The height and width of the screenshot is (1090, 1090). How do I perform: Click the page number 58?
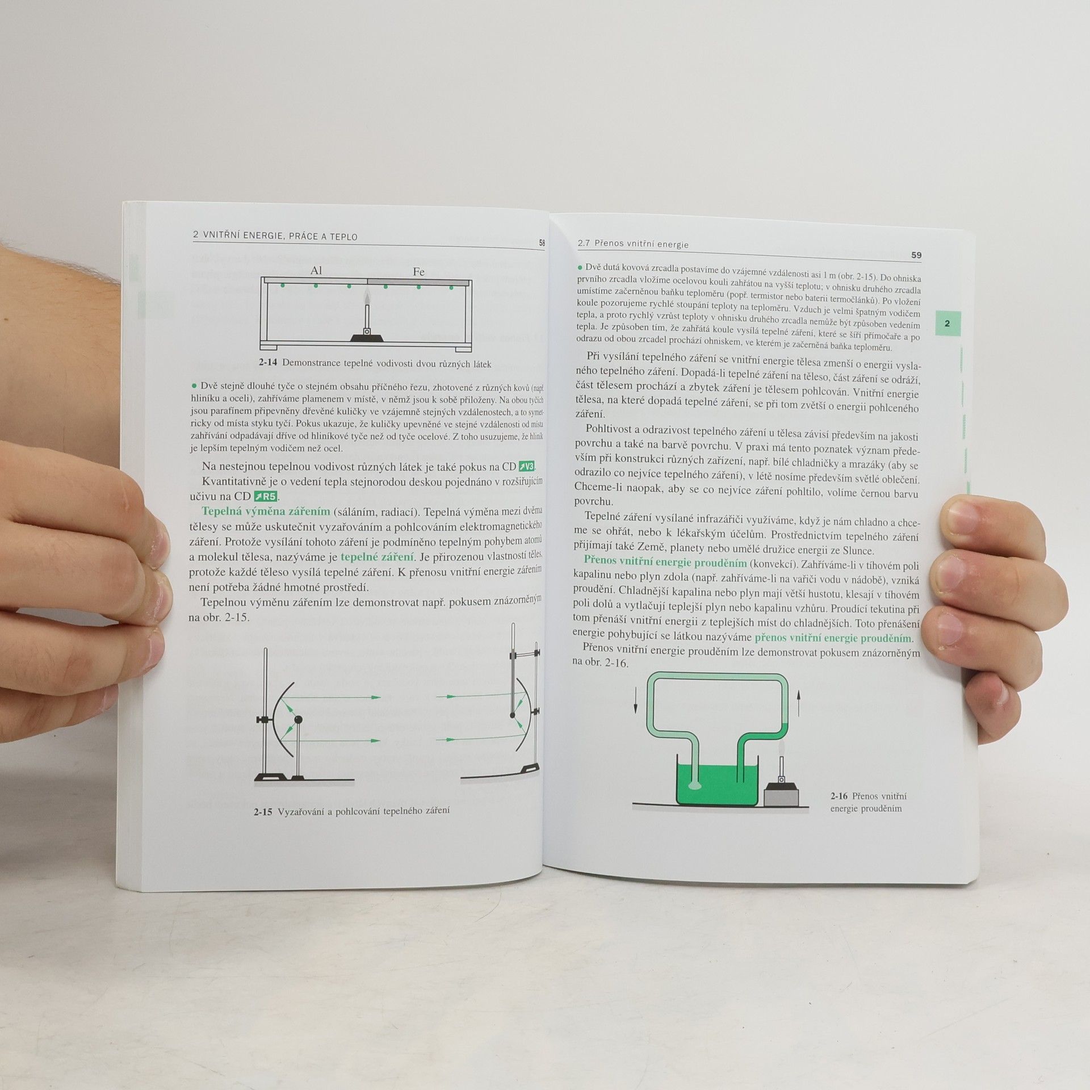(x=542, y=243)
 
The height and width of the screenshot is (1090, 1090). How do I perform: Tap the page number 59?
(x=916, y=255)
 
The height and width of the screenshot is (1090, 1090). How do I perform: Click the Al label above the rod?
(x=316, y=271)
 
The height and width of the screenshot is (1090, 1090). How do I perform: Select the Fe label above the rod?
(x=418, y=272)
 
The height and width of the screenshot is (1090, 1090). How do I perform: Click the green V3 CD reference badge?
(x=526, y=467)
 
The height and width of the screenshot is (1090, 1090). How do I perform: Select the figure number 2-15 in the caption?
(x=263, y=812)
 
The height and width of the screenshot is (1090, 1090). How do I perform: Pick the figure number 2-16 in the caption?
(x=839, y=796)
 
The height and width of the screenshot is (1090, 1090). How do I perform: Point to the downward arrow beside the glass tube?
(x=635, y=700)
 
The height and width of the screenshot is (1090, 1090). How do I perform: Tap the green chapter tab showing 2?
(x=947, y=324)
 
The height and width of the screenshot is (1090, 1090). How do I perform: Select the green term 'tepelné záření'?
(x=378, y=556)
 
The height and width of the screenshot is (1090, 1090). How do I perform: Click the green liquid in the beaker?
(x=718, y=784)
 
